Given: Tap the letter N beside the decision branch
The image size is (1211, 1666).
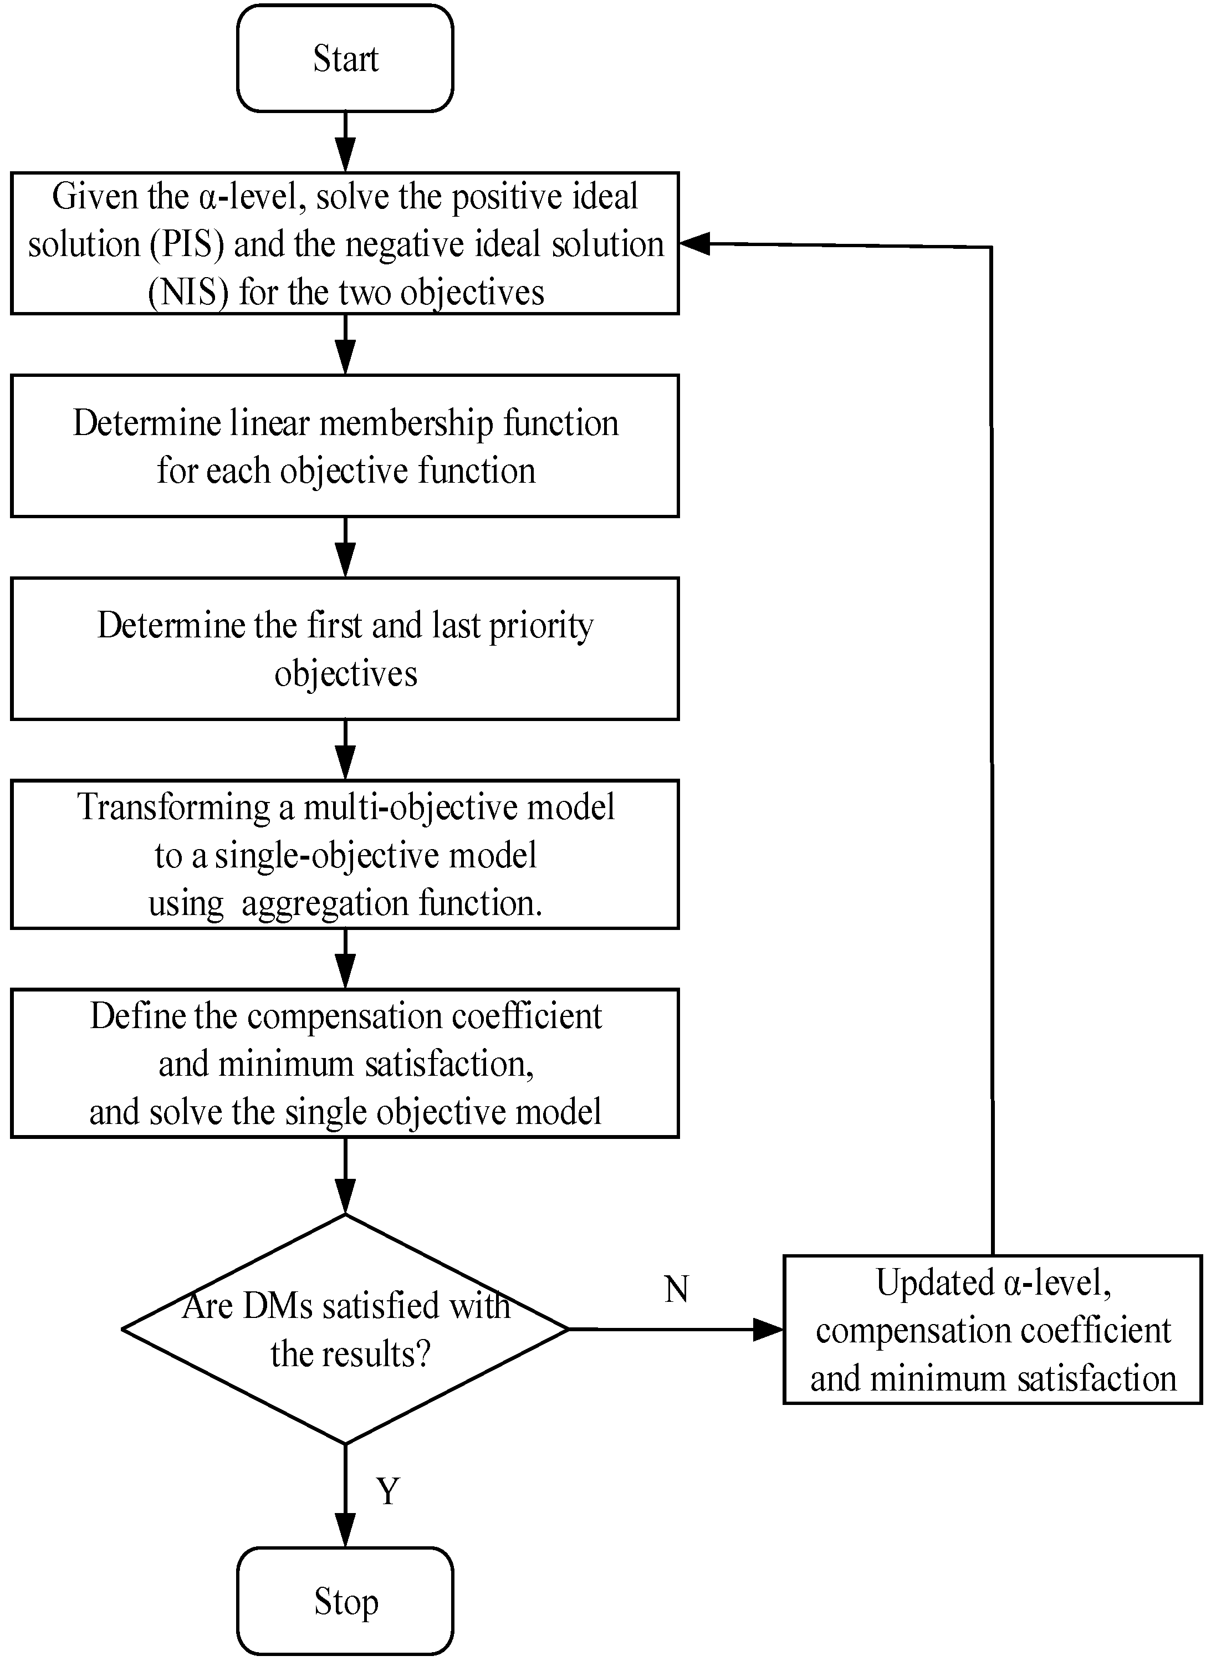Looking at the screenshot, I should click(676, 1290).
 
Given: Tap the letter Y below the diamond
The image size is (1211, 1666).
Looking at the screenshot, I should click(388, 1490).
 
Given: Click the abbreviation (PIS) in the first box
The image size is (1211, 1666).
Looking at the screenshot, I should click(187, 244).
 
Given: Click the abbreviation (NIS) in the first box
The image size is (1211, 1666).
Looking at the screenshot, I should click(188, 293).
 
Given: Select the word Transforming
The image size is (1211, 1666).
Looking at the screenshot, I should click(173, 808).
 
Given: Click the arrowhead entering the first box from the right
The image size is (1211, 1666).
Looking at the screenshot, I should click(694, 244).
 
